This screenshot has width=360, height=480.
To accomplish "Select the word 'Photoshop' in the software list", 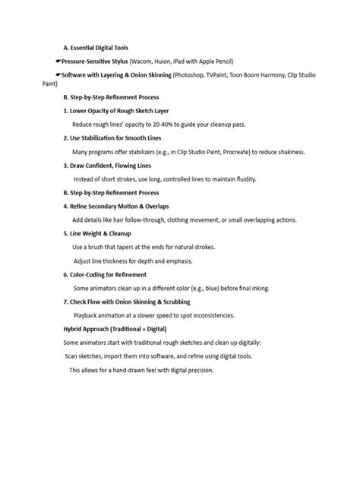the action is pos(191,76).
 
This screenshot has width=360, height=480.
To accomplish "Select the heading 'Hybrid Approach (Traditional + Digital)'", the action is pos(115,329).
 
